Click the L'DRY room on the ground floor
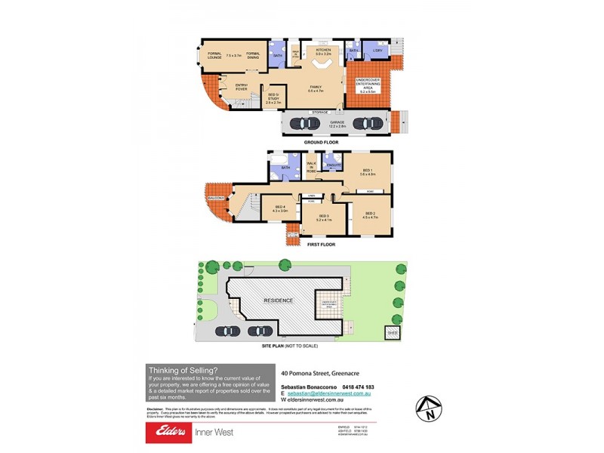[377, 51]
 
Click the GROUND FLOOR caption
[321, 142]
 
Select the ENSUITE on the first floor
[333, 165]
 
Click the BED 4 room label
[279, 208]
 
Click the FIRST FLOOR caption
[321, 245]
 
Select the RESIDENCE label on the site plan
[277, 300]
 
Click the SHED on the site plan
[392, 331]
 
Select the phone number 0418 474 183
[355, 387]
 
